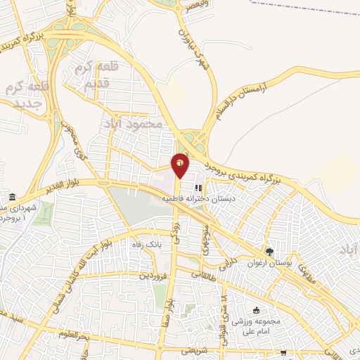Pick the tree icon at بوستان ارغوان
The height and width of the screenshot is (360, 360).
click(x=269, y=251)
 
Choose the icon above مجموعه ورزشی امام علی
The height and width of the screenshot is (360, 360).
click(x=256, y=311)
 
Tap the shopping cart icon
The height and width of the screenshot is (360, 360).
click(x=283, y=353)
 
